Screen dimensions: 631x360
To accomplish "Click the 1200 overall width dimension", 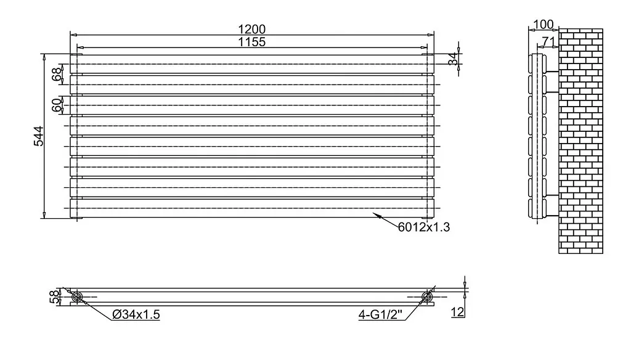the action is coord(252,30).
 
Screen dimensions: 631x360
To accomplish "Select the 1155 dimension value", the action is coord(252,42).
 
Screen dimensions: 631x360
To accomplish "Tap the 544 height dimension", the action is coord(39,136).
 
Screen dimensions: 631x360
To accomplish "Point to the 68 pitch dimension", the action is coord(57,74).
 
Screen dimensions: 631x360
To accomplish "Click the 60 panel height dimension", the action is coord(57,105).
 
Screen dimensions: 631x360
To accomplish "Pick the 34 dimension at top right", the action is coord(454,59).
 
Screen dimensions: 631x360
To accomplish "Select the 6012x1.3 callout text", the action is coord(424,227).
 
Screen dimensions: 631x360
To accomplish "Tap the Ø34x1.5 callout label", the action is coord(136,314).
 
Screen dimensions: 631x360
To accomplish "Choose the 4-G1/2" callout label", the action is coord(380,314).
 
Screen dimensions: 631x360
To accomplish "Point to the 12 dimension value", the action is coord(458,312).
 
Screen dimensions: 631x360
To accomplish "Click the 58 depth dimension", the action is coord(54,297).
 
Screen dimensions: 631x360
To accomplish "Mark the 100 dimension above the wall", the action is coord(543,25).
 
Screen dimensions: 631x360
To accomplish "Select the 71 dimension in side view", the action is coord(548,41).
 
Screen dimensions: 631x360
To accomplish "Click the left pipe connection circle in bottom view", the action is coord(77,297).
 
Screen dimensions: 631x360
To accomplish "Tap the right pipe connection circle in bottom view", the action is coord(427,297).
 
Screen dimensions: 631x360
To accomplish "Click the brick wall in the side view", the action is coord(580,141).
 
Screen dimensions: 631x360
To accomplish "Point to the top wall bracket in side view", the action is coord(553,72).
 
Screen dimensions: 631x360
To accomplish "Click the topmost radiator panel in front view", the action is coord(252,64).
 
